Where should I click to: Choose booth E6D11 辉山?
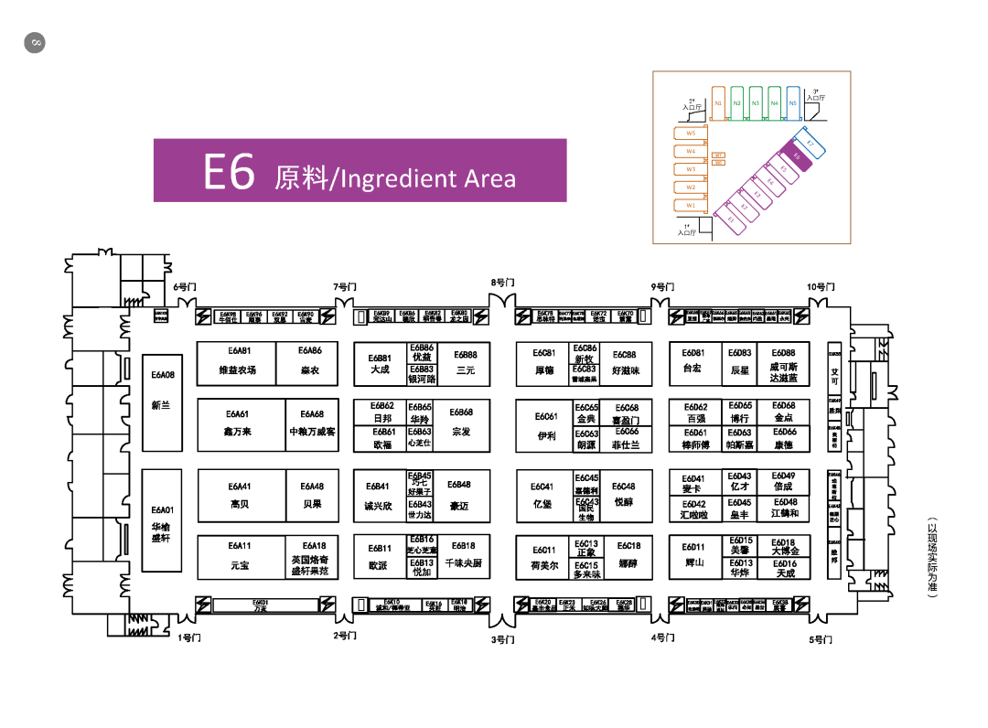[x=694, y=556]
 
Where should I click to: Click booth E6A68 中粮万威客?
[x=312, y=425]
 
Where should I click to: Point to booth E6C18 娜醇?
[x=628, y=556]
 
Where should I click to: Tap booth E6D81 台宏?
[x=693, y=362]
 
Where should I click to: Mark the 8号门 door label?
[x=502, y=283]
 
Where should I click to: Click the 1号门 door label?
[x=189, y=637]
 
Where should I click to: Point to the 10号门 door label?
[x=820, y=287]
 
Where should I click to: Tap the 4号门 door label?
[x=663, y=637]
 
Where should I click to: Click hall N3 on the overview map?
[x=756, y=103]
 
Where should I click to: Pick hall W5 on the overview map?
[x=692, y=134]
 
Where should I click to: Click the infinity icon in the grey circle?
[x=35, y=42]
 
